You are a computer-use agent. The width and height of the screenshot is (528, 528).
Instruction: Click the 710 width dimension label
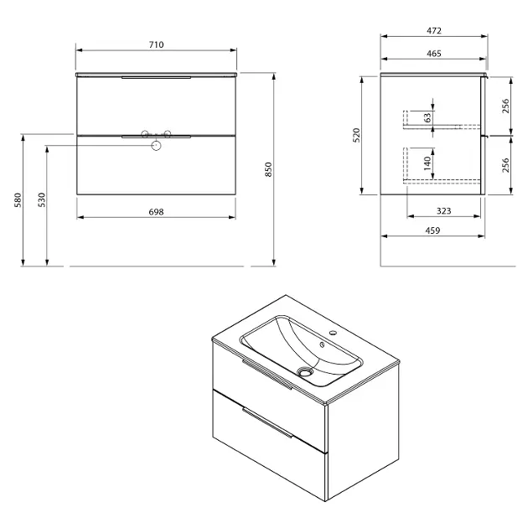tap(156, 44)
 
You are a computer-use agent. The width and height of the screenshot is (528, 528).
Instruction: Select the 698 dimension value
tap(156, 212)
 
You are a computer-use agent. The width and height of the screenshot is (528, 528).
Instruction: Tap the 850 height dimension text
tap(268, 169)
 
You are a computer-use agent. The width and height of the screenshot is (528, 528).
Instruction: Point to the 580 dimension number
tap(18, 200)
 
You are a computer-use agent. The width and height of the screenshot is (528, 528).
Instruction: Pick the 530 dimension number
tap(41, 199)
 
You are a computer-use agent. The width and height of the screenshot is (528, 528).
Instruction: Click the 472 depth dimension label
tap(434, 31)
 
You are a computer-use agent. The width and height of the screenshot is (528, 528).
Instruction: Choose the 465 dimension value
tap(434, 54)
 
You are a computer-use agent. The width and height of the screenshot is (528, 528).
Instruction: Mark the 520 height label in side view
tap(356, 135)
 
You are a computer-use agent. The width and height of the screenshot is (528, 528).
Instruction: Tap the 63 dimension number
tap(427, 118)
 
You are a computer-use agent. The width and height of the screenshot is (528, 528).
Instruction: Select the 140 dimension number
tap(427, 163)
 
